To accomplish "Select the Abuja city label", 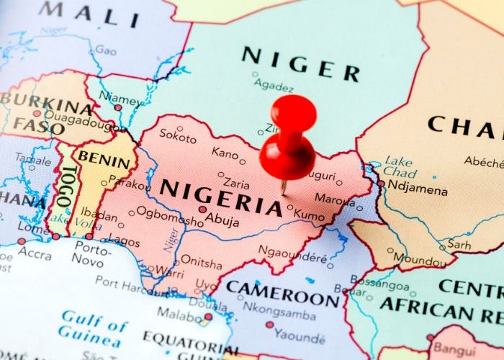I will coord(222,221).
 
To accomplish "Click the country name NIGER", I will coord(300,63).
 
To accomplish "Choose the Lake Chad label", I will coord(399,167).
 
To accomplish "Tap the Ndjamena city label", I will coord(418,189).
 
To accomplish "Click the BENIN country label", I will coord(104,157).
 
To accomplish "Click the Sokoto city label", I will coord(177,135).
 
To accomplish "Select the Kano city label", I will coord(225,153).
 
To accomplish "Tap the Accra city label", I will coord(34,254).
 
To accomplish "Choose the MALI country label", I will coord(89,14).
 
